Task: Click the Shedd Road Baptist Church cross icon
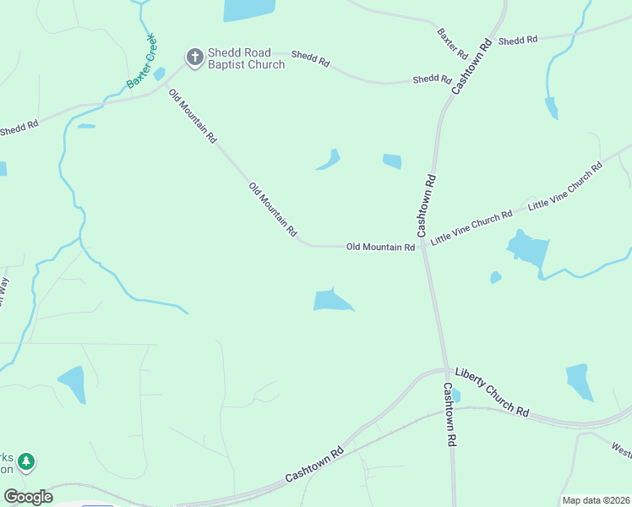(194, 57)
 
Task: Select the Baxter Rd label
(453, 43)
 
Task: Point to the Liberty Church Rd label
(492, 390)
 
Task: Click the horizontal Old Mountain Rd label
(380, 247)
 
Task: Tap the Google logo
(28, 497)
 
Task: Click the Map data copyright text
(596, 500)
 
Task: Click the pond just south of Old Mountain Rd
(331, 300)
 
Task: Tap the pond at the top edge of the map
(249, 8)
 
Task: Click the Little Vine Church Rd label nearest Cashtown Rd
(471, 228)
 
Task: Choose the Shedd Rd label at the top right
(518, 40)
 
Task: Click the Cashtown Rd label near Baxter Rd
(471, 66)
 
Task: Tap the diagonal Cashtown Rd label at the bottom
(314, 465)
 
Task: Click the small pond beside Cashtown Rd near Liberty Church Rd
(456, 395)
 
